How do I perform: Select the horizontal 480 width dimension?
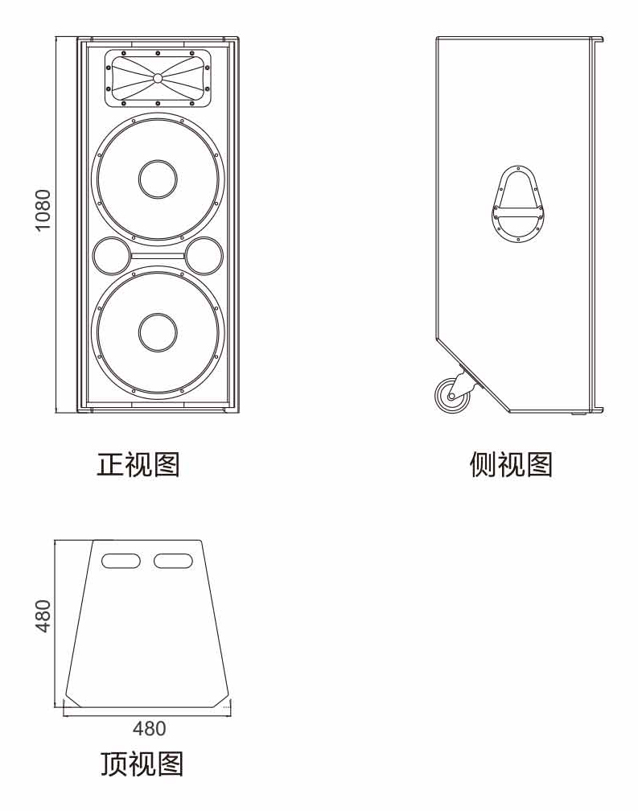pyautogui.click(x=149, y=728)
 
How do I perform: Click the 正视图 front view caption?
pyautogui.click(x=138, y=464)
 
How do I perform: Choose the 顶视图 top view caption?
pyautogui.click(x=142, y=762)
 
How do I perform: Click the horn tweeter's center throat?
pyautogui.click(x=158, y=78)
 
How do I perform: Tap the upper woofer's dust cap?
pyautogui.click(x=157, y=179)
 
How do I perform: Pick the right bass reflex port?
pyautogui.click(x=204, y=256)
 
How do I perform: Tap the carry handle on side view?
pyautogui.click(x=519, y=205)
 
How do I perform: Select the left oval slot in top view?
pyautogui.click(x=121, y=560)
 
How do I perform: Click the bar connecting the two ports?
pyautogui.click(x=157, y=257)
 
